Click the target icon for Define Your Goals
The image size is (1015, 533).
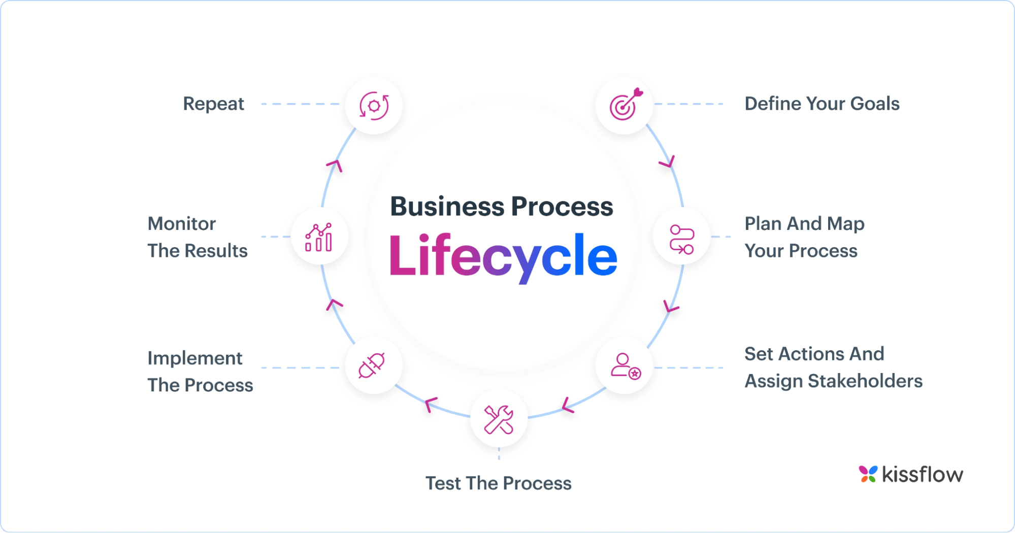(625, 106)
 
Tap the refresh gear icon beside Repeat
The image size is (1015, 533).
(374, 106)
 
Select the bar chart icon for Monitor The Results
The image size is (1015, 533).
(319, 237)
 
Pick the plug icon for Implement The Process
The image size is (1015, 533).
(372, 365)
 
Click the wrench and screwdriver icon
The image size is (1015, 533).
(499, 419)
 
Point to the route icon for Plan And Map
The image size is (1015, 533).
(681, 239)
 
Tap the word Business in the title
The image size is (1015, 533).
(447, 207)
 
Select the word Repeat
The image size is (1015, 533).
(213, 104)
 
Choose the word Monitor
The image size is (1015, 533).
(181, 223)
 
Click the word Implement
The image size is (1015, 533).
(195, 358)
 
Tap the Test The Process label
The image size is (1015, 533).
(498, 483)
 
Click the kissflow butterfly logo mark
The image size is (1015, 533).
(868, 474)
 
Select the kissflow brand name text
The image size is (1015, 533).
(922, 474)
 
